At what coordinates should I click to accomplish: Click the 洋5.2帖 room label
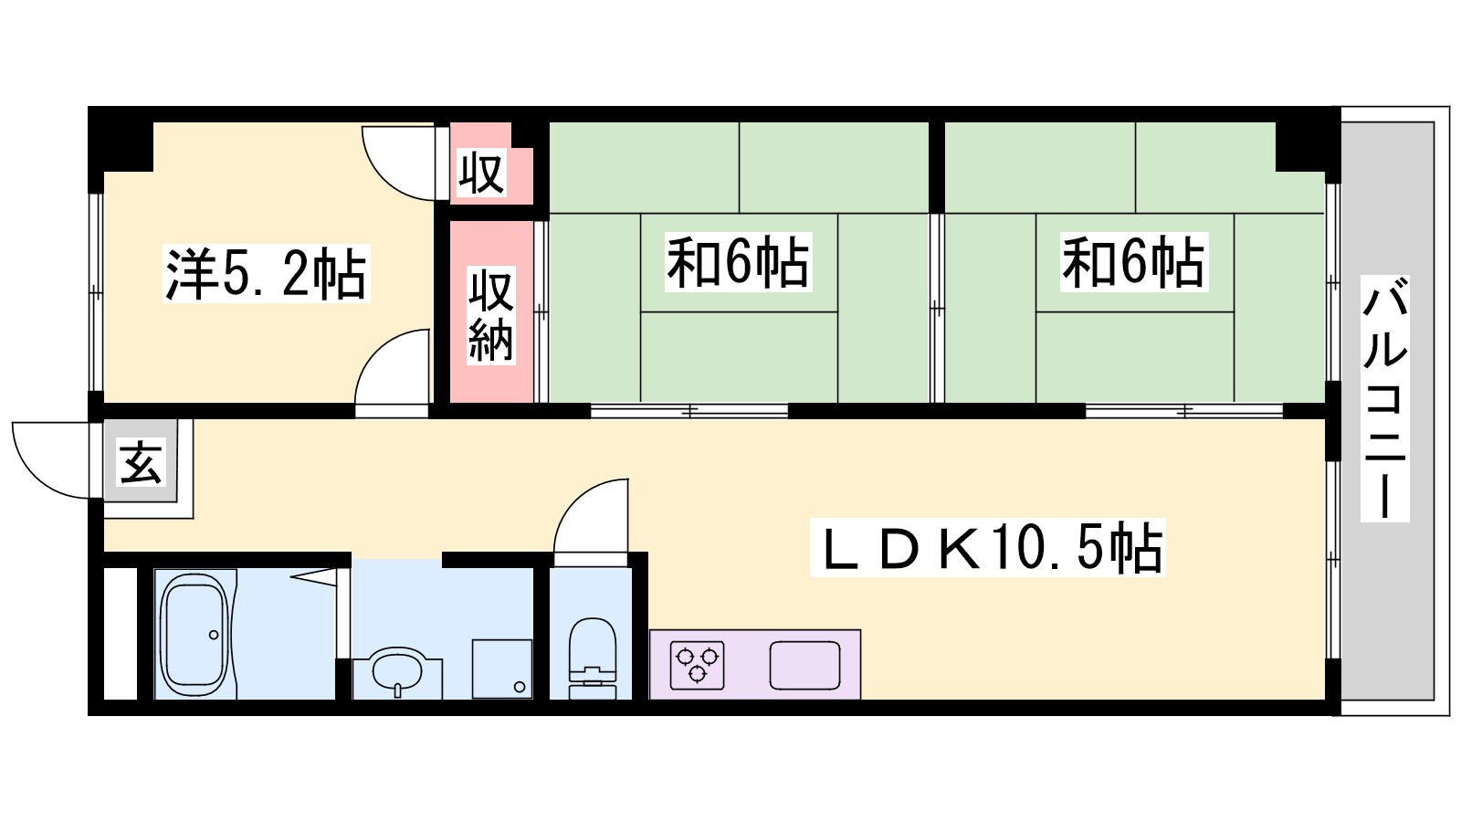(x=266, y=273)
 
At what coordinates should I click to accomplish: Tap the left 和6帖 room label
(x=739, y=261)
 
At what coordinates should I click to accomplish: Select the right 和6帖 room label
(x=1133, y=261)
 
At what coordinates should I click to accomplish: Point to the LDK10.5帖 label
(x=987, y=547)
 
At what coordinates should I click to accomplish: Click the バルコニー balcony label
(x=1384, y=398)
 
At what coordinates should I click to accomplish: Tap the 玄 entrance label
(x=141, y=462)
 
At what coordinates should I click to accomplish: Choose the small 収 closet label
(x=481, y=173)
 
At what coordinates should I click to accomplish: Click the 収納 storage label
(x=491, y=315)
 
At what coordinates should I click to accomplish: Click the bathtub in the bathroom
(x=194, y=634)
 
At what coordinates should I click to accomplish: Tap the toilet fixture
(x=593, y=658)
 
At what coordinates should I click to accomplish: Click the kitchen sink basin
(x=804, y=665)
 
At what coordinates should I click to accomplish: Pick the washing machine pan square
(x=502, y=669)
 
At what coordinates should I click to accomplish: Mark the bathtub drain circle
(x=214, y=635)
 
